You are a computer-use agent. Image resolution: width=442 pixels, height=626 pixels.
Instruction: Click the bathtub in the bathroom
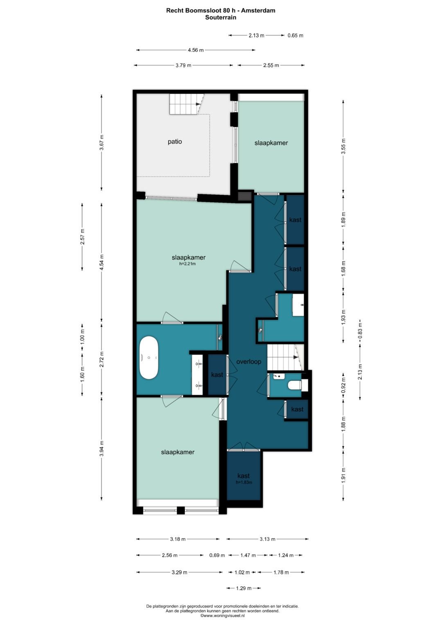[149, 358]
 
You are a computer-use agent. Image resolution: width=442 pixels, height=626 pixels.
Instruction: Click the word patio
[175, 142]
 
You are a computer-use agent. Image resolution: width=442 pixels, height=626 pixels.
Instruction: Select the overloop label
[248, 362]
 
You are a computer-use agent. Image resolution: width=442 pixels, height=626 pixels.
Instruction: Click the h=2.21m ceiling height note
[187, 264]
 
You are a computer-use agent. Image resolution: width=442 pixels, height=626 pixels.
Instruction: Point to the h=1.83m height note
[244, 483]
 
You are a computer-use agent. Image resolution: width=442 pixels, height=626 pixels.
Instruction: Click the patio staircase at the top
[186, 104]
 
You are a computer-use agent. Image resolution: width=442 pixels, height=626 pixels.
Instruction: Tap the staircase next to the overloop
[283, 357]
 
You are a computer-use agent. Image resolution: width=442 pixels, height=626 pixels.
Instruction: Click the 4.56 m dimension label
[196, 50]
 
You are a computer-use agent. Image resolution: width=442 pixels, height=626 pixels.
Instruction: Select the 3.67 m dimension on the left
[101, 143]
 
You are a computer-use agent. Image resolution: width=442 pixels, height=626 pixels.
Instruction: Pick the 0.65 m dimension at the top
[295, 35]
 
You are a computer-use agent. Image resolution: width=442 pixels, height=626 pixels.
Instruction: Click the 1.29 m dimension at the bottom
[244, 588]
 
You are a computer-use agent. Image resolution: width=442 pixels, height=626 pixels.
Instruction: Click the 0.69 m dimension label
[217, 555]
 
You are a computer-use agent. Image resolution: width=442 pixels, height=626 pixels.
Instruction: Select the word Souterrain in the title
[221, 18]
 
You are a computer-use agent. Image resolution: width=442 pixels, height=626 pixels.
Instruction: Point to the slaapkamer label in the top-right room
[271, 143]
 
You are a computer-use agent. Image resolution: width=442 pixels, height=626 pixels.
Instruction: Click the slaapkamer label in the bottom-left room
[178, 452]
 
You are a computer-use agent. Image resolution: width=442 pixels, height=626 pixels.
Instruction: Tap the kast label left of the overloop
[217, 375]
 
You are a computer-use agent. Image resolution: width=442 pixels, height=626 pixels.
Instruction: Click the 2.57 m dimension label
[82, 237]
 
